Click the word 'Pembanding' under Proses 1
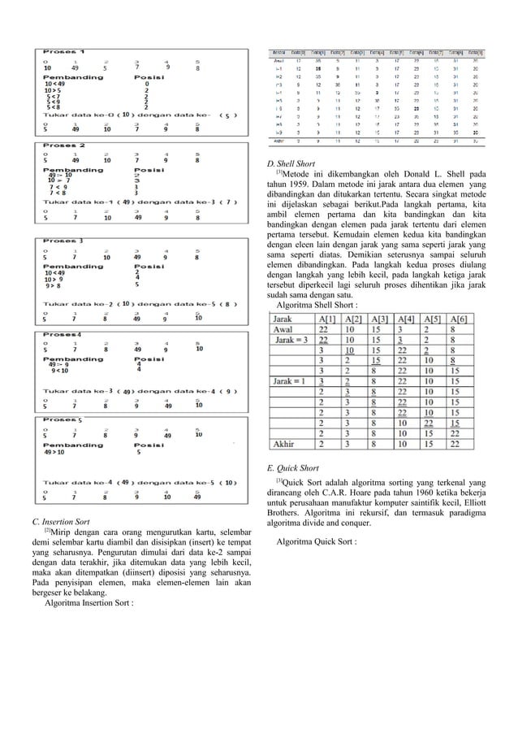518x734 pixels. tap(67, 76)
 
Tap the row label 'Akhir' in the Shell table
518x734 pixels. tap(287, 444)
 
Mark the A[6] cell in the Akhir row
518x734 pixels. tap(460, 444)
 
